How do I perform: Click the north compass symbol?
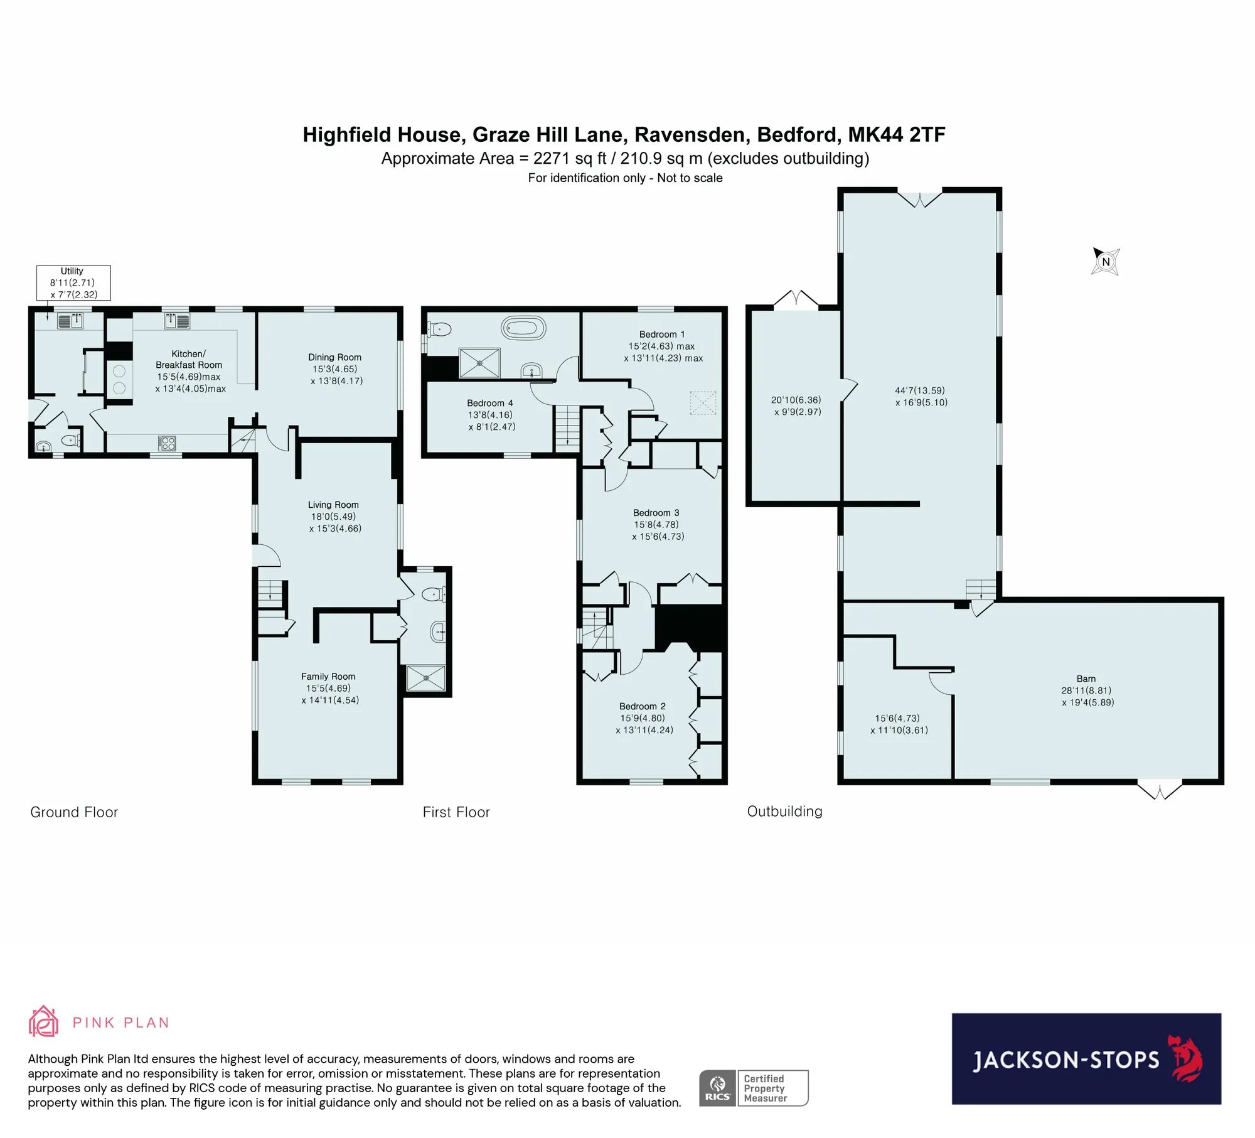pos(1105,261)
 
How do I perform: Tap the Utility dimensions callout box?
pos(73,282)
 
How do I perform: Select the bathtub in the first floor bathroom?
pos(523,328)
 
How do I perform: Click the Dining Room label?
pos(334,357)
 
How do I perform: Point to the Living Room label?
pos(333,505)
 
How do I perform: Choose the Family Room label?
pos(328,676)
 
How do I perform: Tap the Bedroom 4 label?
pos(490,403)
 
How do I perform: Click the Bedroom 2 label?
pos(643,706)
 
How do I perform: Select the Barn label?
pos(1086,679)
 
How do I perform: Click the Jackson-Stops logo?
pos(1086,1058)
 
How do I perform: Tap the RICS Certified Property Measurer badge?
pos(754,1088)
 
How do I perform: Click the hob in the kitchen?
pos(167,444)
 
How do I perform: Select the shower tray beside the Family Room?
pos(426,678)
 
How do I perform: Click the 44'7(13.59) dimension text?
pos(920,390)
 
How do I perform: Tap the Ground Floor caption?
pos(74,812)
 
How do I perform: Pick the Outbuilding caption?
pos(784,811)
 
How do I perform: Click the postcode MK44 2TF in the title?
pos(897,134)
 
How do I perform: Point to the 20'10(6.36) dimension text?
pos(796,400)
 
